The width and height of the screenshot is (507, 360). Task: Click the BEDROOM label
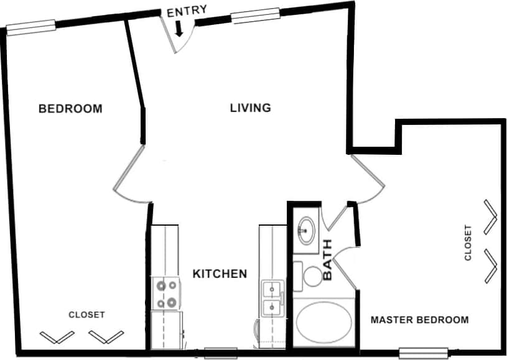[x=70, y=109]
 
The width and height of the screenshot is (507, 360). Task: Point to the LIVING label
[x=251, y=108]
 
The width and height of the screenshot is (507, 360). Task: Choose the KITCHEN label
[x=220, y=274]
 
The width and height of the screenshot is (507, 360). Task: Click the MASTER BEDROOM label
[x=419, y=320]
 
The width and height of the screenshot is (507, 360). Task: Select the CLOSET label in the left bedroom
[x=86, y=315]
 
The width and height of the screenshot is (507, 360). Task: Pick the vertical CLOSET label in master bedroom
[x=468, y=242]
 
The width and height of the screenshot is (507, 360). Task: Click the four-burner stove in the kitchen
[x=166, y=295]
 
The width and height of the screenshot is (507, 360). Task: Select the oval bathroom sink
[x=305, y=230]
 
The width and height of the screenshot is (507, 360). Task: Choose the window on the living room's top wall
[x=255, y=16]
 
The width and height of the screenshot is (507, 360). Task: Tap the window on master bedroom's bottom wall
[x=423, y=352]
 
